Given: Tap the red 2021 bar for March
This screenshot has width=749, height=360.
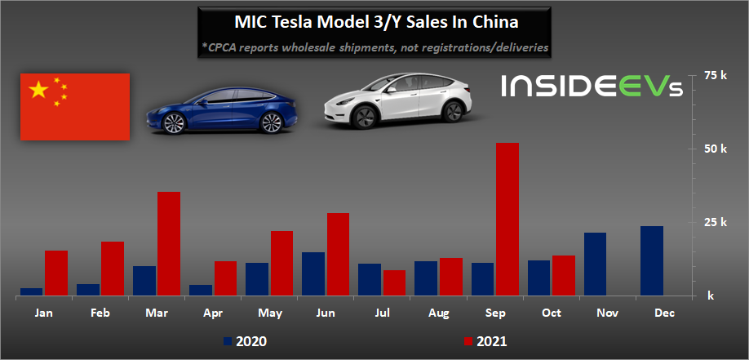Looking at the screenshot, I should (168, 243).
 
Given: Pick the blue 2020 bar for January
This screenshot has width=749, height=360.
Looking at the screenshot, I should (32, 291).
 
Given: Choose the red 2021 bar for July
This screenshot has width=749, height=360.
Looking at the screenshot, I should (394, 282).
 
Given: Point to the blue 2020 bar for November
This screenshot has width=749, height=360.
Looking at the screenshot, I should (596, 264).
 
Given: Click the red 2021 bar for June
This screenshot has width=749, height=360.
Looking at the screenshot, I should (338, 254).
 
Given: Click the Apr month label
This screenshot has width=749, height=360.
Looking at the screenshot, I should (214, 313).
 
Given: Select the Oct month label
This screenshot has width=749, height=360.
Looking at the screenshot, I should (552, 313).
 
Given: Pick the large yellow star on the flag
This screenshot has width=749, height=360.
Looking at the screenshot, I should (38, 89).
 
